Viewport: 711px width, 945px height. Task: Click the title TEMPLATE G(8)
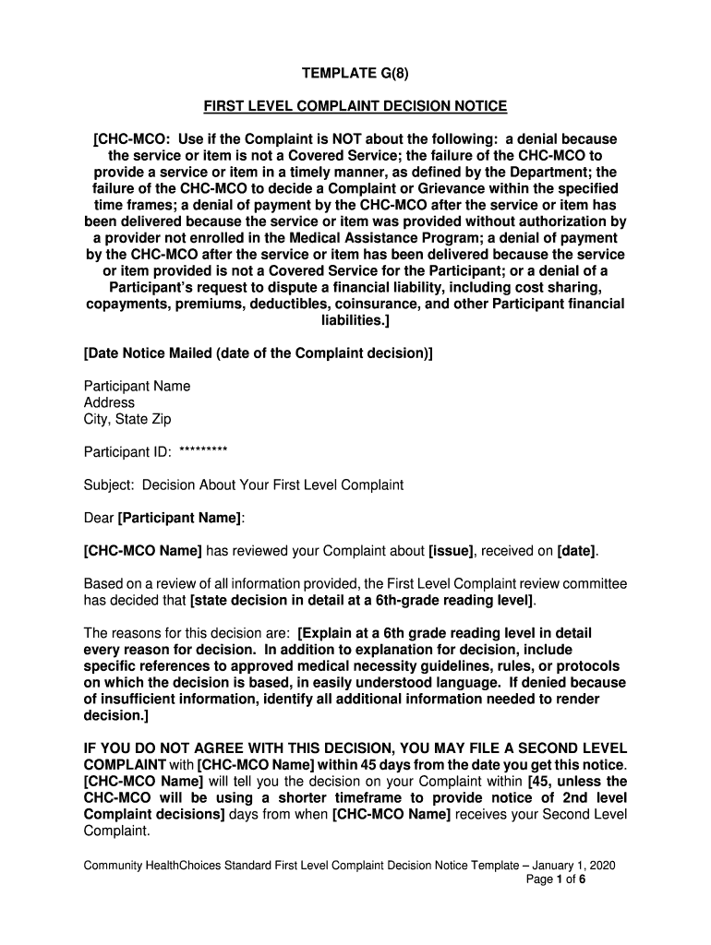tap(355, 73)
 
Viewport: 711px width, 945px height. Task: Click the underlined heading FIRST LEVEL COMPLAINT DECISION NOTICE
tap(355, 107)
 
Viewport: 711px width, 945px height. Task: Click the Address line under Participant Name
tap(109, 402)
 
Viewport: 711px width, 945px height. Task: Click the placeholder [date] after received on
tap(577, 551)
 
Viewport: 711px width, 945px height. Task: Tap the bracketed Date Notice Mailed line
tap(258, 353)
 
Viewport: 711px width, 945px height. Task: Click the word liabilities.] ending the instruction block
tap(355, 320)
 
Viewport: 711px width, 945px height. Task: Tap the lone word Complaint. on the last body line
tap(116, 831)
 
